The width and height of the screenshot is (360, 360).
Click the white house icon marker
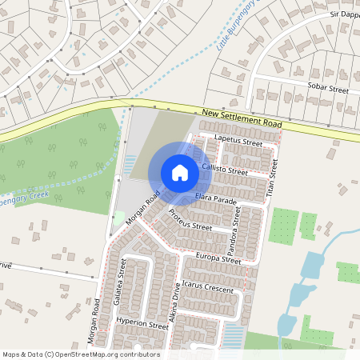[x=180, y=172]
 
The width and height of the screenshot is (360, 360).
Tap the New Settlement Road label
[x=242, y=118]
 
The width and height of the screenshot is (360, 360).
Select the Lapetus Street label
[x=239, y=142]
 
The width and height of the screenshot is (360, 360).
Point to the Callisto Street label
[x=225, y=169]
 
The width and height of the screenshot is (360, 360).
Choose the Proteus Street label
[x=190, y=221]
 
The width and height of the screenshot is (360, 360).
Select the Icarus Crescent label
[x=207, y=287]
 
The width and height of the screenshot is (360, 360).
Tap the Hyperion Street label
[x=142, y=325]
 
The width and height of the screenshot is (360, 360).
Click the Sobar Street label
[x=328, y=86]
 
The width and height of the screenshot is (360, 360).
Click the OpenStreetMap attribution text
[x=81, y=354]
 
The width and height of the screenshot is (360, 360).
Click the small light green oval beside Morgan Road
[x=119, y=217]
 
